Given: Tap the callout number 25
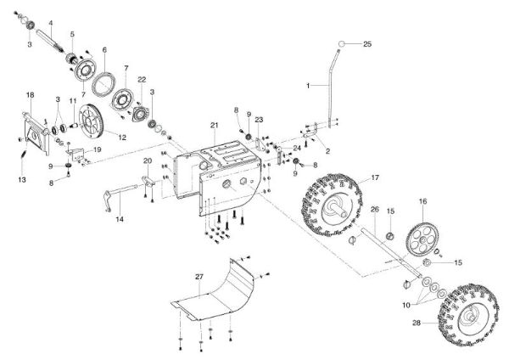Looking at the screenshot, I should [x=367, y=43].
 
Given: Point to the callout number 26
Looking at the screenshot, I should [x=373, y=209].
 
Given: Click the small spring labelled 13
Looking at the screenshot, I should [x=24, y=157].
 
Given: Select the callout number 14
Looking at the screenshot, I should [x=119, y=219].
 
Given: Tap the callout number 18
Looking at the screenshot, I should [x=30, y=94].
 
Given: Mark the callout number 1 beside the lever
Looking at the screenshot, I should [x=310, y=86].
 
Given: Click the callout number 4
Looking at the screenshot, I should [x=51, y=22].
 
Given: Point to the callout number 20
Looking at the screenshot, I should [x=147, y=160].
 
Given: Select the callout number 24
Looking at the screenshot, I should [x=297, y=147].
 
